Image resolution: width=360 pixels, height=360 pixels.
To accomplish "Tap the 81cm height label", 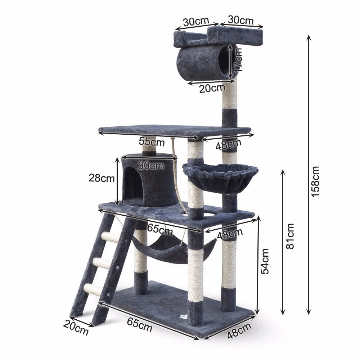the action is pos(290,236).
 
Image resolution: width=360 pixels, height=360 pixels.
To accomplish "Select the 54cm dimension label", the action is pos(265,261).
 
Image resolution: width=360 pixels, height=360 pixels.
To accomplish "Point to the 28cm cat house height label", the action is pos(102,178).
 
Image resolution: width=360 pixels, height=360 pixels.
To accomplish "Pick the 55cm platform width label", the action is pos(152,141).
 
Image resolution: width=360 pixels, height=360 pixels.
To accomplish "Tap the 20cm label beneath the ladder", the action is pos(76,328).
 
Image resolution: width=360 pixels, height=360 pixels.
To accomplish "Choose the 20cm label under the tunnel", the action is pos(212,89).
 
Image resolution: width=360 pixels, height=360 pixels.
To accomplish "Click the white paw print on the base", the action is pos(183,318).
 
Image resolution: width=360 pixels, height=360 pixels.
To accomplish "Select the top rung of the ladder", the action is pos(111,237).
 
